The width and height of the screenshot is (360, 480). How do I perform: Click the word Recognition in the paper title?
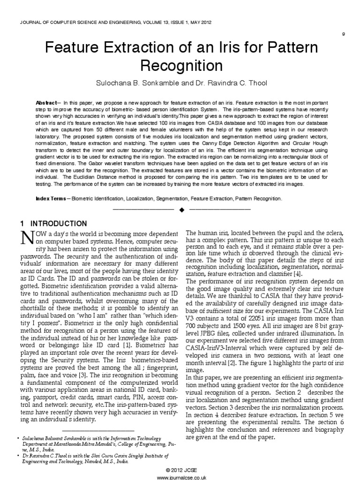180,64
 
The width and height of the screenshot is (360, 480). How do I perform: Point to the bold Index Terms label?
51,199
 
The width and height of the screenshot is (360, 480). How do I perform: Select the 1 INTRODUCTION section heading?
54,223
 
